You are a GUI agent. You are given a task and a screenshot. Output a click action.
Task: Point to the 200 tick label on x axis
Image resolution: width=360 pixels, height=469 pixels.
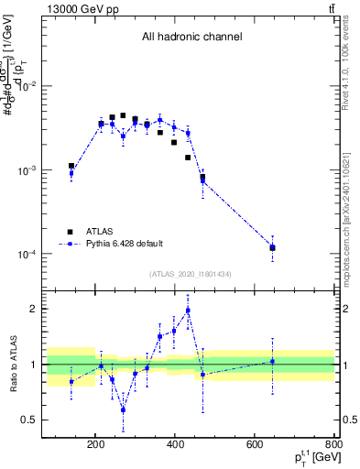coord(95,445)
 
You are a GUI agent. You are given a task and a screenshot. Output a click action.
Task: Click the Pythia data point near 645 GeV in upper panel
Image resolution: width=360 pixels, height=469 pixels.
coord(272,247)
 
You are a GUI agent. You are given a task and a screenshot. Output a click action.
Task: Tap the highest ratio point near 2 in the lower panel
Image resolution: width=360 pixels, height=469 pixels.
coord(188,311)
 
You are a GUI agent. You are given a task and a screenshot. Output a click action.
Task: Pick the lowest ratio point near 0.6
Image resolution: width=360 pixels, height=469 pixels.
coord(123,409)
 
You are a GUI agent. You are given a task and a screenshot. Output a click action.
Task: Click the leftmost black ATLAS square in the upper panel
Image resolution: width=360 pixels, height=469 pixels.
coord(71,166)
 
